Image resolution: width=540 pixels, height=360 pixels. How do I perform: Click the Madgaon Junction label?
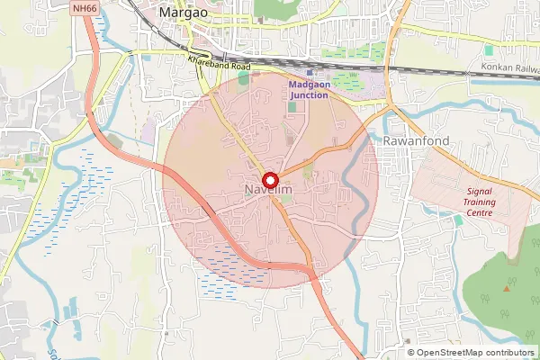(x=309, y=90)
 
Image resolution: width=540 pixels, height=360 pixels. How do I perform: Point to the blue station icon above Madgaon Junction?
(x=310, y=73)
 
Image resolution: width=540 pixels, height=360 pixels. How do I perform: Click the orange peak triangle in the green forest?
(x=507, y=288)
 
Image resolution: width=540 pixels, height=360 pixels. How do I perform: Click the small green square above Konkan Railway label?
(x=489, y=50)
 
